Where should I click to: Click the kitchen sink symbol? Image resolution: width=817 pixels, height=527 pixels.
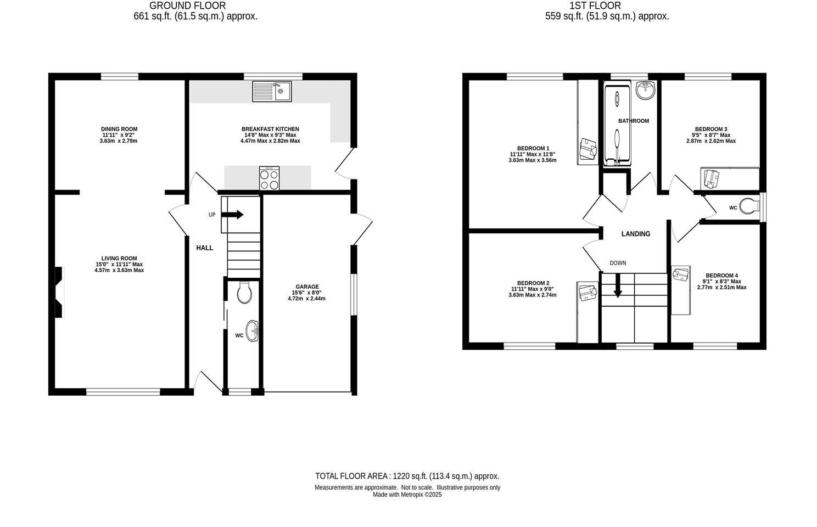pyautogui.click(x=272, y=91)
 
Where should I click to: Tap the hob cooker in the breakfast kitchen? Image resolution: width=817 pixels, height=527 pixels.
pyautogui.click(x=269, y=178)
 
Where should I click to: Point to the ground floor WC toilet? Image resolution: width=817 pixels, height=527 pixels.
pyautogui.click(x=245, y=293)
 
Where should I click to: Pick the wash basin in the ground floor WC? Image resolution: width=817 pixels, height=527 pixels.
pyautogui.click(x=253, y=331)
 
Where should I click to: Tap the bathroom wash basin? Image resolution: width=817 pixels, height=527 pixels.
pyautogui.click(x=646, y=90)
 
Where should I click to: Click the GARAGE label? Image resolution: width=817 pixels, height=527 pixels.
pyautogui.click(x=307, y=287)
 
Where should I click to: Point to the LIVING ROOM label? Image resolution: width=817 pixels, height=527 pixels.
pyautogui.click(x=119, y=259)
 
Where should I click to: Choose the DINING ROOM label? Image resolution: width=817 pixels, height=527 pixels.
pyautogui.click(x=119, y=129)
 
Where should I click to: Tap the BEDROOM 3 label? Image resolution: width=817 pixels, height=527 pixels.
pyautogui.click(x=711, y=129)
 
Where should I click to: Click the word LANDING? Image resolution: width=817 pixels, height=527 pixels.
pyautogui.click(x=636, y=234)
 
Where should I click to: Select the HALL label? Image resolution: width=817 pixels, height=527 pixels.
pyautogui.click(x=205, y=248)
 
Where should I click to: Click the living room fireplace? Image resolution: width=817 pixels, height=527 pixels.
pyautogui.click(x=59, y=292)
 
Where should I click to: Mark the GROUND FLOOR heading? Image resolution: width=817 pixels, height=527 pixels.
pyautogui.click(x=187, y=6)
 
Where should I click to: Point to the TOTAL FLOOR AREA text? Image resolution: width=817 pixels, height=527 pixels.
pyautogui.click(x=407, y=476)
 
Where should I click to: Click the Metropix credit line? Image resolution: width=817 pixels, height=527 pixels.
pyautogui.click(x=407, y=495)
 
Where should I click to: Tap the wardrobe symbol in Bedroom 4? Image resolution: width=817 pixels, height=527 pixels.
pyautogui.click(x=681, y=290)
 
